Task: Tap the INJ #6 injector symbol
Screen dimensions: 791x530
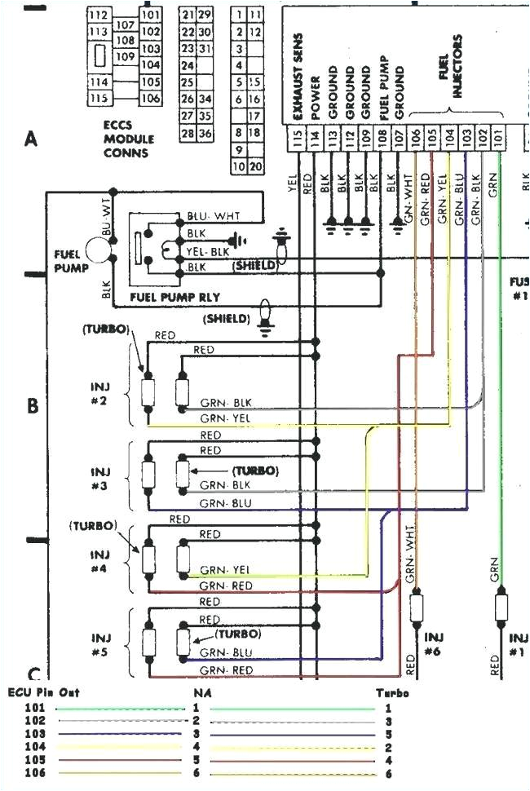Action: pos(417,606)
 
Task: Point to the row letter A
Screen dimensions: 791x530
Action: pos(32,139)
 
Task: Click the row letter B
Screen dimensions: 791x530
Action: pos(33,405)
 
